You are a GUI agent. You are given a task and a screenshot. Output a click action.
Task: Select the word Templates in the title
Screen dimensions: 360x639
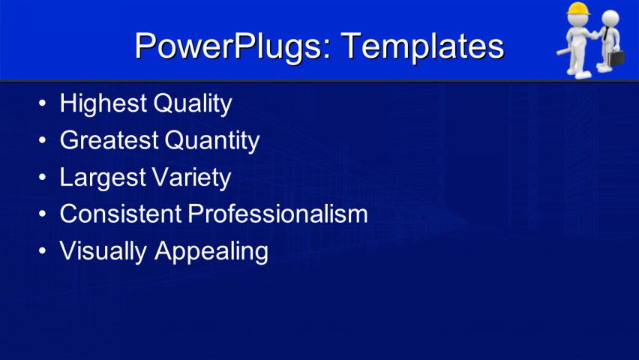[422, 46]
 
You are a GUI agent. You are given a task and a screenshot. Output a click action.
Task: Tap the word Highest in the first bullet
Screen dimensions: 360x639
[103, 103]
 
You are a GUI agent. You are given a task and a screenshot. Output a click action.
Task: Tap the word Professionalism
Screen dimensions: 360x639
[277, 214]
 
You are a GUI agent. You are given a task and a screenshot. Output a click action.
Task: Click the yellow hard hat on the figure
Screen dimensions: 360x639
[577, 10]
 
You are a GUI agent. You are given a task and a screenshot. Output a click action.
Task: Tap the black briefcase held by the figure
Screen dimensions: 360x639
[616, 58]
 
